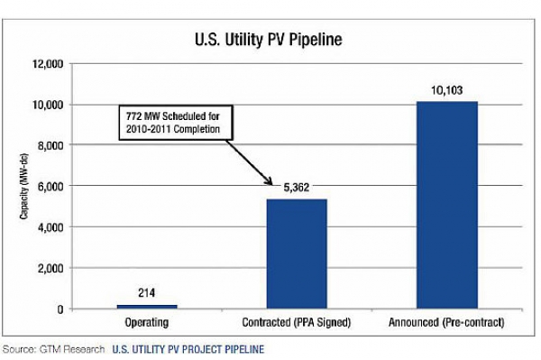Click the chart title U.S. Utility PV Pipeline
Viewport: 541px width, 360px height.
click(x=269, y=40)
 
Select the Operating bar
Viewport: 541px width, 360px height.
click(x=147, y=307)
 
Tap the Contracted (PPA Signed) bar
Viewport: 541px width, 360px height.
click(x=297, y=254)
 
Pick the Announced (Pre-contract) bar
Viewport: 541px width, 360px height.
click(x=447, y=205)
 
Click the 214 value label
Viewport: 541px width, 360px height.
click(x=147, y=293)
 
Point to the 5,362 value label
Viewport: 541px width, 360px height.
click(x=297, y=188)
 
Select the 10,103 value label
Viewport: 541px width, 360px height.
click(x=447, y=90)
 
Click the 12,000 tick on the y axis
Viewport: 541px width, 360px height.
click(x=48, y=64)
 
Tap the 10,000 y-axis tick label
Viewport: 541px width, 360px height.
click(x=48, y=105)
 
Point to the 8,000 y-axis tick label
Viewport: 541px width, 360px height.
click(x=50, y=145)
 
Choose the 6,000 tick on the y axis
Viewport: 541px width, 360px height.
click(x=50, y=187)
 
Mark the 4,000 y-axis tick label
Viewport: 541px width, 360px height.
click(x=50, y=227)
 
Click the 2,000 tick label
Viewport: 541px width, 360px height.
click(x=50, y=268)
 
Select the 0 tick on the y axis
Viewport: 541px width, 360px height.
click(x=60, y=309)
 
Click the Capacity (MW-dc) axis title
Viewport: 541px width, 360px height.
click(x=23, y=187)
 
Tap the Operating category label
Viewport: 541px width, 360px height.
click(x=147, y=322)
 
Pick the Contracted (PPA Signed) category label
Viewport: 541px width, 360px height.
click(x=297, y=322)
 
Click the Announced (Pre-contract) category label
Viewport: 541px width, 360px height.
click(x=446, y=322)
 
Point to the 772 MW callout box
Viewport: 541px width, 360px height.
click(x=176, y=123)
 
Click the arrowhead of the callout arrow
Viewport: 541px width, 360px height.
click(x=270, y=182)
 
